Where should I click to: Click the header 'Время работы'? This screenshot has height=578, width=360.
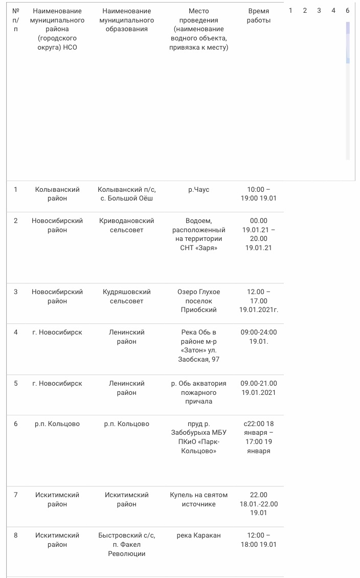[258, 16]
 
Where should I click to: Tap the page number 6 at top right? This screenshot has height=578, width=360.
[347, 10]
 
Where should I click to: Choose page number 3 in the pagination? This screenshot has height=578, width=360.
[319, 10]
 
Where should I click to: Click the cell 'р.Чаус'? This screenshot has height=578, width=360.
[198, 190]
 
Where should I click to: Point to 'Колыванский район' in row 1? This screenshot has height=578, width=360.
[57, 194]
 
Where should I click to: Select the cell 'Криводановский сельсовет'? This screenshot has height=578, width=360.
[126, 226]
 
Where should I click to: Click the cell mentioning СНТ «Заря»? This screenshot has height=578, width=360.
[198, 234]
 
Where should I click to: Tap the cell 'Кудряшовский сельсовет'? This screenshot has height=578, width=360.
[126, 296]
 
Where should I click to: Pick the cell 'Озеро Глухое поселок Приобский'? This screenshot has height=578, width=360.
[198, 301]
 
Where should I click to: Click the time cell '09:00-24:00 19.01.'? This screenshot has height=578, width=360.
[258, 337]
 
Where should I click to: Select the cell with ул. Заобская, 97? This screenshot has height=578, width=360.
[198, 346]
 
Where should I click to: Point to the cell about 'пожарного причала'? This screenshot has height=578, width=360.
[198, 392]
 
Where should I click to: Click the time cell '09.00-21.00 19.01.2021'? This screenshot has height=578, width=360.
[258, 388]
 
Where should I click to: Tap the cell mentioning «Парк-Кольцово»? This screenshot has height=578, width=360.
[198, 437]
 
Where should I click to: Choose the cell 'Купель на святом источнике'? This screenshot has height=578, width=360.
[198, 499]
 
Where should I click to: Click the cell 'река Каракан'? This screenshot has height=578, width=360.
[198, 536]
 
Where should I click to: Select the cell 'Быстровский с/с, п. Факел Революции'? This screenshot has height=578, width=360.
[126, 544]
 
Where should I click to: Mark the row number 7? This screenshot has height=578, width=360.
[15, 495]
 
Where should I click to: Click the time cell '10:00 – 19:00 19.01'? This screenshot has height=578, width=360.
[258, 194]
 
